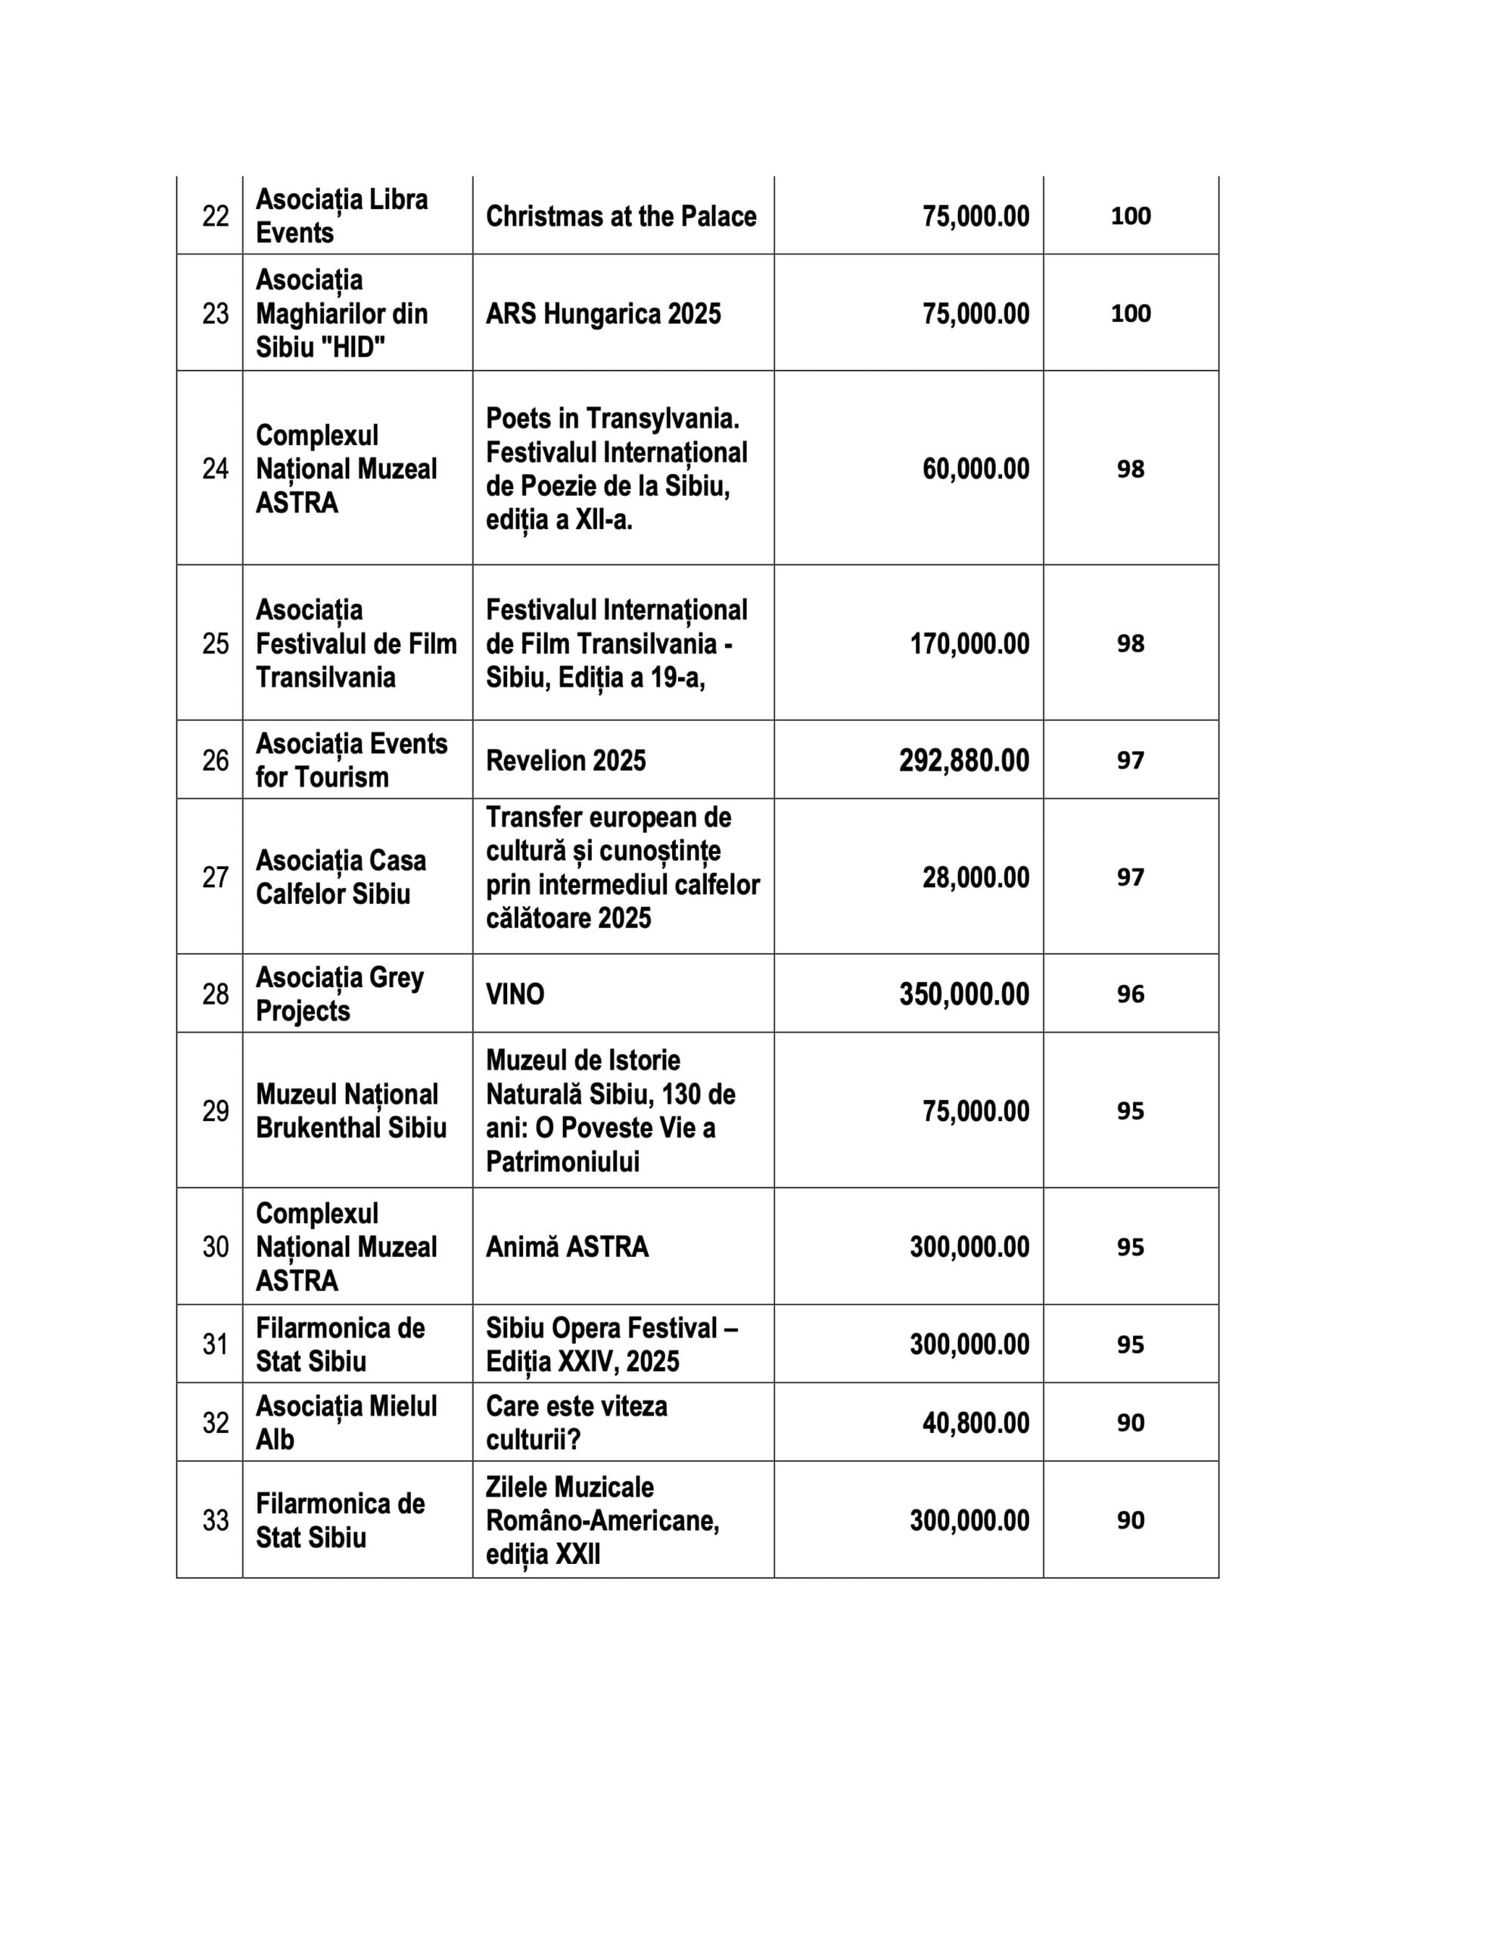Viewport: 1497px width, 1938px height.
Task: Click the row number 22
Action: (x=215, y=217)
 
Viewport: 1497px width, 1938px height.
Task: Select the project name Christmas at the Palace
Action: (x=621, y=217)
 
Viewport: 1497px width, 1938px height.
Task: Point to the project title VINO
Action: (x=515, y=994)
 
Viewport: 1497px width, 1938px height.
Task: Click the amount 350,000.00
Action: (x=963, y=994)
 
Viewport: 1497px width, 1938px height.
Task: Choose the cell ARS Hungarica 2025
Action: (x=602, y=314)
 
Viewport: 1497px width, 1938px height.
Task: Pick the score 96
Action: (x=1130, y=994)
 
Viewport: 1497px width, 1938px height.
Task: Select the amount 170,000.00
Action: (x=969, y=643)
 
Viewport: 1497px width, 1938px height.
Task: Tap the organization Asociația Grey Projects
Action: (x=340, y=994)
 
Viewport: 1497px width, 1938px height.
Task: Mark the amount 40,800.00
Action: (x=976, y=1423)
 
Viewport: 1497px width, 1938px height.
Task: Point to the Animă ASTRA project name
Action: (x=566, y=1247)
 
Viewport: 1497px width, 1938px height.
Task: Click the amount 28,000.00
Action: (x=976, y=877)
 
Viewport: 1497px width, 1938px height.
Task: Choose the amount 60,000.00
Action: (x=976, y=469)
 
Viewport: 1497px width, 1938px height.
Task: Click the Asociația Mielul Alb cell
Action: (x=346, y=1423)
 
